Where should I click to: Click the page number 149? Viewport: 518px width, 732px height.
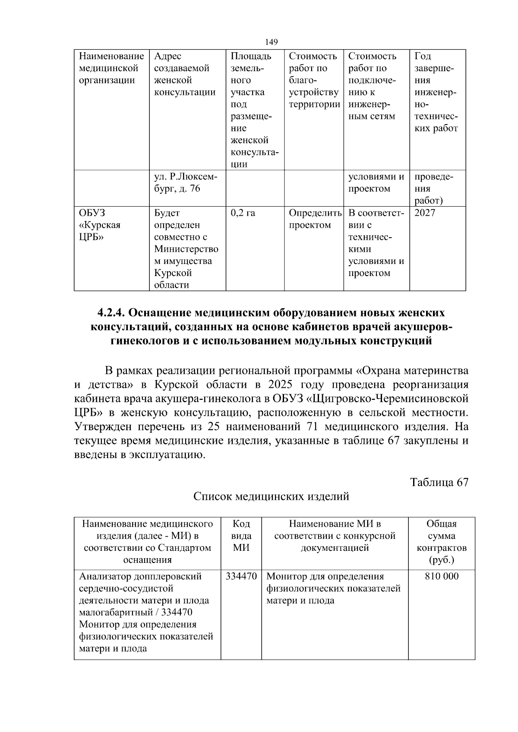271,42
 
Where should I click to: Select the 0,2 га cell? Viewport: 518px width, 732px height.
243,213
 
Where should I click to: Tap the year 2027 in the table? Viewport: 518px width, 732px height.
425,213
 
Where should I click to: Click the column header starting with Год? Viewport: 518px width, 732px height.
436,92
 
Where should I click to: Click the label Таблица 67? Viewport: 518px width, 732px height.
439,482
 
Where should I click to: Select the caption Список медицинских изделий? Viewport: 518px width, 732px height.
271,496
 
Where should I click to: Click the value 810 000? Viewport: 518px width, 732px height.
442,576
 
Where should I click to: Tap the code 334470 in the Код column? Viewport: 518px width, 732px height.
241,576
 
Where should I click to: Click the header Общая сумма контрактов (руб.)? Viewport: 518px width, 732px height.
442,542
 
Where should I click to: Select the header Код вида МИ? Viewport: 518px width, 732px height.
241,536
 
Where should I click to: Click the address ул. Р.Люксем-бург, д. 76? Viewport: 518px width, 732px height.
186,183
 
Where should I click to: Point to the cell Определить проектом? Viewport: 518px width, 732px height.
315,219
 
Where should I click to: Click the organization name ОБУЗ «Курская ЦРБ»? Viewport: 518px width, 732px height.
100,225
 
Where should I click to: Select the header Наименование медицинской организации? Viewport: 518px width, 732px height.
112,68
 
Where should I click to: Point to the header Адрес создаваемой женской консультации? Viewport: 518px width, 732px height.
185,74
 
